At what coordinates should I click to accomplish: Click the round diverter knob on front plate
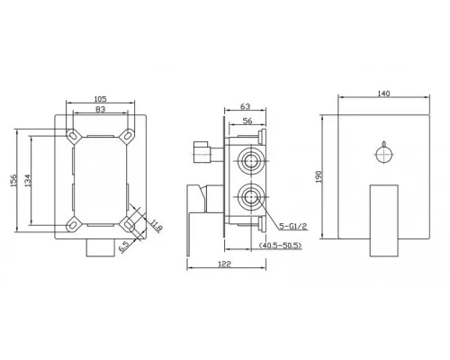[x=386, y=154]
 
